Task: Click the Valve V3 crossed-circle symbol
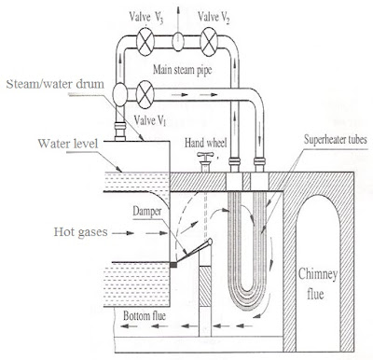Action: (145, 42)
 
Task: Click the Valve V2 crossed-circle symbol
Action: (209, 42)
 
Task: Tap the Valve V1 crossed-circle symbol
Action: (145, 94)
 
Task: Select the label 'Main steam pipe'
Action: (183, 70)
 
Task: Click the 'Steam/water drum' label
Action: (55, 84)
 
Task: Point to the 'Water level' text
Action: (68, 144)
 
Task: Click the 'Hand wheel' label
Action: (205, 143)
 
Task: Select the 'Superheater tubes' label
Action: (336, 139)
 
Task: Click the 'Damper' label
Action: (147, 212)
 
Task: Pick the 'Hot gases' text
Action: (80, 231)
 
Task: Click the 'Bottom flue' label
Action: (145, 316)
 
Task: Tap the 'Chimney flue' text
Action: (317, 284)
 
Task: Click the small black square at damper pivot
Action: (173, 265)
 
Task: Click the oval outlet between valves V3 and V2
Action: (178, 42)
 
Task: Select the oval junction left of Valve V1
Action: (120, 94)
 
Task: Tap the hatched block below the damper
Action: (205, 286)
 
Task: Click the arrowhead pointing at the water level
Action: (119, 170)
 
